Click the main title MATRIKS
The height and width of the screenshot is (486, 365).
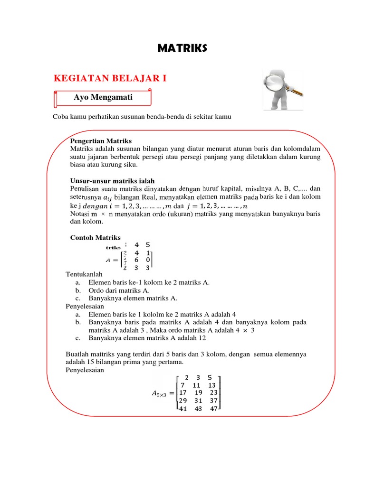tap(182, 48)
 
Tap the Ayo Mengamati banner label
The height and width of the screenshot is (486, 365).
tap(103, 97)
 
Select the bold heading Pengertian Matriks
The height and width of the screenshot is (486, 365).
tap(101, 141)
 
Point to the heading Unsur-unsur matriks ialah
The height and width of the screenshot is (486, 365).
tap(112, 181)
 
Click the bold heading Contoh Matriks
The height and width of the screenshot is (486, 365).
tap(96, 237)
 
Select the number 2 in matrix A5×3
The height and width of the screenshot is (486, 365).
tap(186, 377)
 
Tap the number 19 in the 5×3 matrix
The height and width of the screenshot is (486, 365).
tap(199, 393)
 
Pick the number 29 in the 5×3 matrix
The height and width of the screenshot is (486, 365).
tap(183, 401)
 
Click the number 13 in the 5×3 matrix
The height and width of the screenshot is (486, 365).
tap(212, 385)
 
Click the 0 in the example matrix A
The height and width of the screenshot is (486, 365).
tap(148, 260)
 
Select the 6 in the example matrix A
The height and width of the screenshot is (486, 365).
tap(136, 260)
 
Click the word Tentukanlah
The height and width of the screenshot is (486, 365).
tap(84, 274)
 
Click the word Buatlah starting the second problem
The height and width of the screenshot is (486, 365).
tap(76, 354)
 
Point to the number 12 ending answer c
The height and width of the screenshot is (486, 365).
tap(203, 338)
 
